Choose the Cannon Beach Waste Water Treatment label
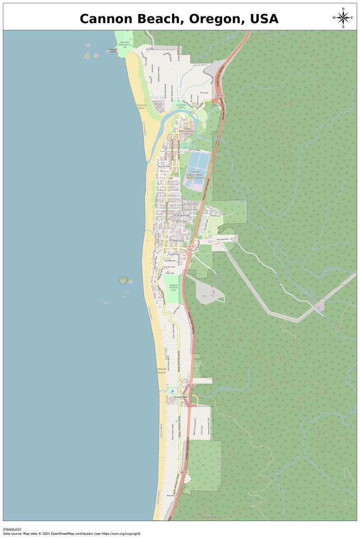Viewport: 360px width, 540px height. pos(195,175)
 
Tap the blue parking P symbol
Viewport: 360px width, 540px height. pos(172,391)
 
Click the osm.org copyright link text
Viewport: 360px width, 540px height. pos(122,534)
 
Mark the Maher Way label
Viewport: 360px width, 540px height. pos(170,496)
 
